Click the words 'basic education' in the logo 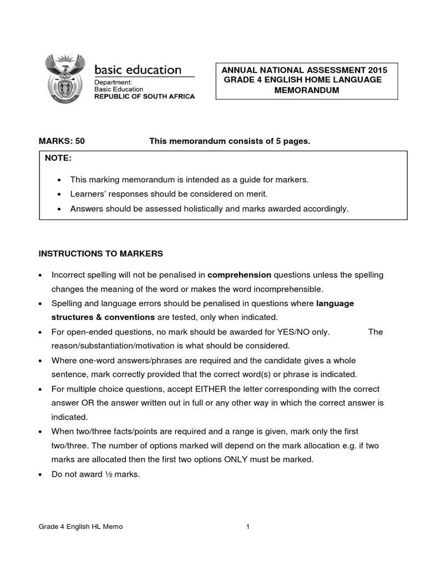(x=138, y=70)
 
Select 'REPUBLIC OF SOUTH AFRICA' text (x=144, y=97)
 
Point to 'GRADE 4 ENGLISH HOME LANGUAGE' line (x=303, y=80)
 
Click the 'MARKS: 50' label (x=62, y=142)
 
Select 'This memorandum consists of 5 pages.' (x=230, y=142)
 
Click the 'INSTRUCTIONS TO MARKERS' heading (x=100, y=253)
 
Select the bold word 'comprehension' (x=239, y=274)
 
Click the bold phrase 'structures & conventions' (x=103, y=317)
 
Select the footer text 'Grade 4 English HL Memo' (x=80, y=527)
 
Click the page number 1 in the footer (x=248, y=527)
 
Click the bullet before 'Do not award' (x=41, y=474)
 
